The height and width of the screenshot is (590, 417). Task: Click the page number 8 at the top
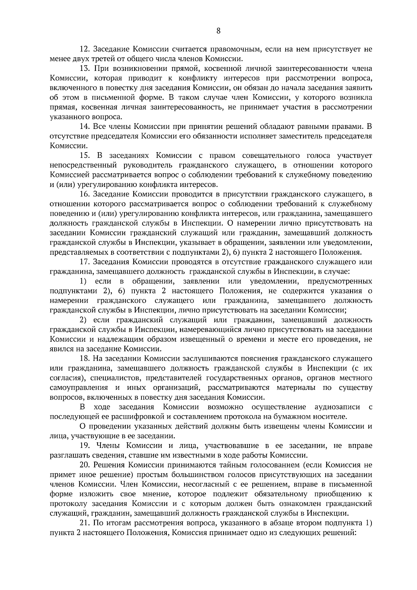[x=218, y=31]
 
